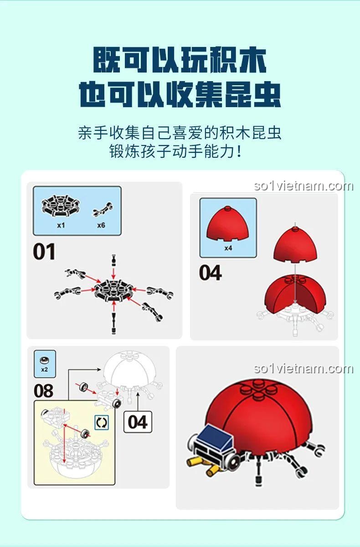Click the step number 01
tap(44, 252)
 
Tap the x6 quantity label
tap(101, 225)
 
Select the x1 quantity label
tap(61, 225)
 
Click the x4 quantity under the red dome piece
tap(228, 248)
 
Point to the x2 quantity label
tap(44, 370)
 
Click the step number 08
tap(43, 391)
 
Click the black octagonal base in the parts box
tap(60, 206)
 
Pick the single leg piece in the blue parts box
tap(103, 209)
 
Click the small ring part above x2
tap(44, 360)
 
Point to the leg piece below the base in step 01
tap(113, 322)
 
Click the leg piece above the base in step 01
tap(113, 260)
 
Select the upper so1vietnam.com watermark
tap(303, 186)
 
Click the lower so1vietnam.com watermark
tap(303, 368)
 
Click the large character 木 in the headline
tap(253, 60)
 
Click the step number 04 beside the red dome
tap(211, 273)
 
